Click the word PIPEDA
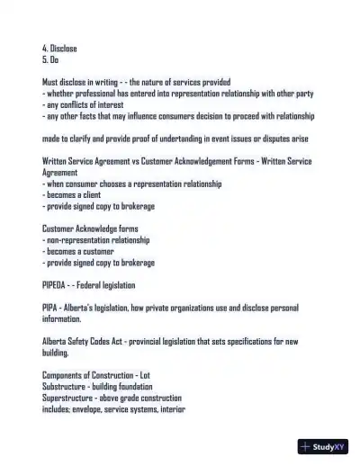point(57,285)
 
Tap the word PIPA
point(51,308)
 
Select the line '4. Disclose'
point(60,47)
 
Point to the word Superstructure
point(68,398)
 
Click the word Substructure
point(64,387)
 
